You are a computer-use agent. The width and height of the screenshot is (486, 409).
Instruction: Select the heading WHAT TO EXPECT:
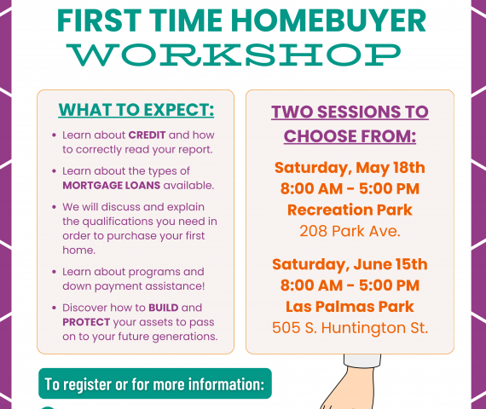(x=136, y=110)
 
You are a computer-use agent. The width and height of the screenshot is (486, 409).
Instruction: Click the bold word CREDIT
(x=147, y=135)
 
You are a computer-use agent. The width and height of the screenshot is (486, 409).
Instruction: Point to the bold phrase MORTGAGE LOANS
(x=112, y=185)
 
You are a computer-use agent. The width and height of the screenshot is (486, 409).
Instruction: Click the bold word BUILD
(x=164, y=308)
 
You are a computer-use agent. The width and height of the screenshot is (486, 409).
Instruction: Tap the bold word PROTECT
(x=86, y=322)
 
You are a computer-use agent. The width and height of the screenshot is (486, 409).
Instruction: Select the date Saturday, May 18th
(x=350, y=168)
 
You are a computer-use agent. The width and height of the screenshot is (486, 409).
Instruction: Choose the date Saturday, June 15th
(x=350, y=264)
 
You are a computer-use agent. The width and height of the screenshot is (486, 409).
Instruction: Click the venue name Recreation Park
(x=350, y=210)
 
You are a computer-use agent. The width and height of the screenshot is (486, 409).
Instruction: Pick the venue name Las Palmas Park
(x=350, y=307)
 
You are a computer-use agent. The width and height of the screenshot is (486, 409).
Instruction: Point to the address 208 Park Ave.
(x=350, y=231)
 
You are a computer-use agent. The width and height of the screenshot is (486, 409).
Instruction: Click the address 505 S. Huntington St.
(x=350, y=328)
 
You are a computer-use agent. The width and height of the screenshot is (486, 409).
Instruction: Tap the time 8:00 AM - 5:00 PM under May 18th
(x=350, y=188)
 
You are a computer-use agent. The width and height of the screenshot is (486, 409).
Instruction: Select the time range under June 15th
(x=350, y=285)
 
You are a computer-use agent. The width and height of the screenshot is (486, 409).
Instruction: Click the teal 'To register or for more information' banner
(x=155, y=383)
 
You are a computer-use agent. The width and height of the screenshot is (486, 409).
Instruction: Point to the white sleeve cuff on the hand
(x=362, y=360)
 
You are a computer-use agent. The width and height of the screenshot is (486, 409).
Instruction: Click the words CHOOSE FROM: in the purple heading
(x=350, y=136)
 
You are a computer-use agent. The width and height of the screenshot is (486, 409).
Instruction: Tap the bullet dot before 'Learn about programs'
(x=55, y=272)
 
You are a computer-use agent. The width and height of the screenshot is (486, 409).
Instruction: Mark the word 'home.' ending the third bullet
(x=78, y=250)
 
